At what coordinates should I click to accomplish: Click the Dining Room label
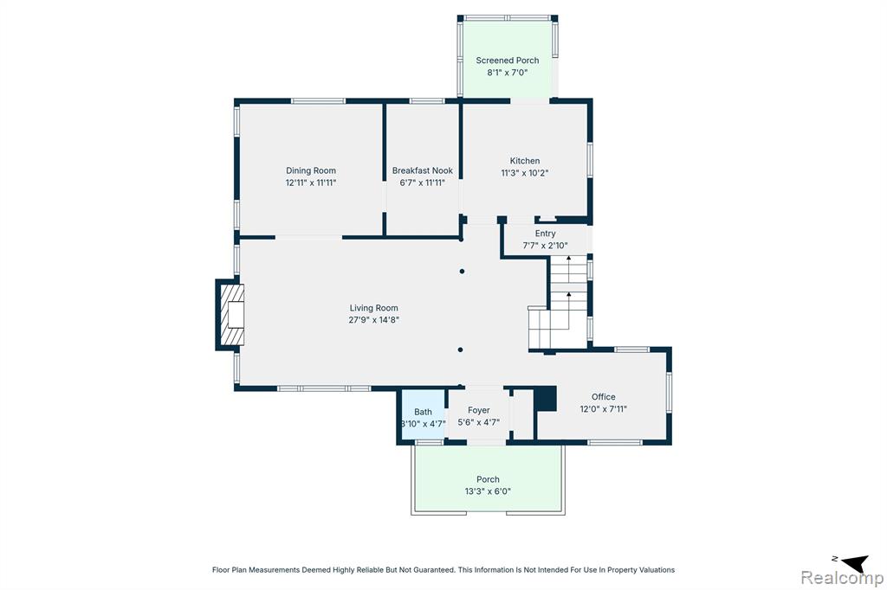click(311, 170)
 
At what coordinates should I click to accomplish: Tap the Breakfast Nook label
click(423, 170)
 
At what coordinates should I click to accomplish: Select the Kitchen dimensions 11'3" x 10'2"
click(524, 173)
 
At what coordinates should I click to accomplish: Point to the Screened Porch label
click(508, 60)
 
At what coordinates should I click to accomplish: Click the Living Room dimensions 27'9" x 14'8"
click(374, 320)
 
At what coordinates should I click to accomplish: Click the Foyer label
click(478, 410)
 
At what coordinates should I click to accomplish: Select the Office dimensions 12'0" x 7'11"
click(604, 409)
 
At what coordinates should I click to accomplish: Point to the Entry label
click(546, 233)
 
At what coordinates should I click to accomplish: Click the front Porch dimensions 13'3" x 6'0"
click(488, 491)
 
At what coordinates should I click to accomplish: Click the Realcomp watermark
click(842, 578)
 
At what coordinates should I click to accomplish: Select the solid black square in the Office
click(546, 399)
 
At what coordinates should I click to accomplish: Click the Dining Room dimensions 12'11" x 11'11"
click(311, 183)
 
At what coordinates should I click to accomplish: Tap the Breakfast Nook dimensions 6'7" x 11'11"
click(423, 183)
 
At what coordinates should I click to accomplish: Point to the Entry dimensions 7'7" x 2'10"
click(545, 246)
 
